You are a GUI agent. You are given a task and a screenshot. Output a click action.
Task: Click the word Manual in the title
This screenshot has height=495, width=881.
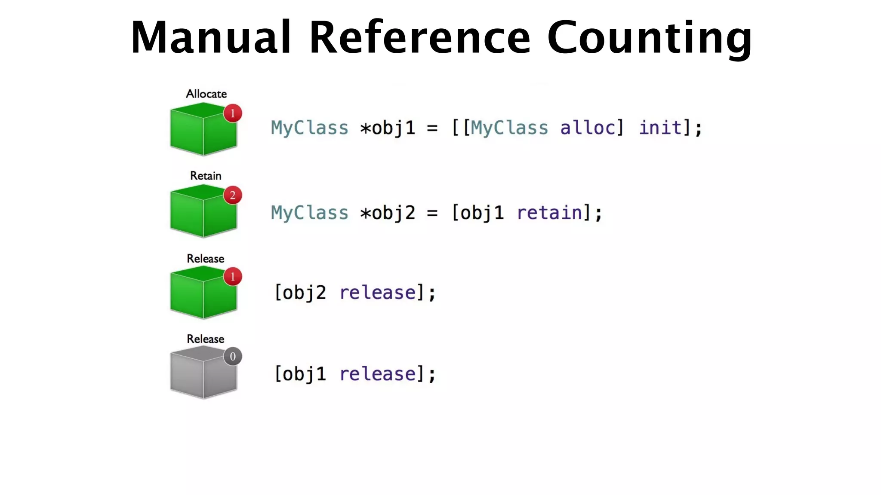(211, 38)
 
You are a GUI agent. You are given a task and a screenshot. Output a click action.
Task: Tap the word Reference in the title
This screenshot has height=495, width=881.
(420, 38)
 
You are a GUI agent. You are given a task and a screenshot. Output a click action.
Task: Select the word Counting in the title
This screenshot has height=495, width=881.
(650, 38)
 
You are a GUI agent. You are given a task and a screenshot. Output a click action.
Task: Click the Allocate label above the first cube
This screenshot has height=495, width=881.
(206, 94)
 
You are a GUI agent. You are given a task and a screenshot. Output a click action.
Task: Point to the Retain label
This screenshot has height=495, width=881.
(206, 176)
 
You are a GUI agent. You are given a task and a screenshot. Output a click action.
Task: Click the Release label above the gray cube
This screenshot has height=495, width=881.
(205, 339)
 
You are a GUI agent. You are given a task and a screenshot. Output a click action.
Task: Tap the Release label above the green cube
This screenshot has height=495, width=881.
(205, 259)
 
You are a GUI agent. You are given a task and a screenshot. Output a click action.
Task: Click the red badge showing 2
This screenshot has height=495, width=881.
(233, 196)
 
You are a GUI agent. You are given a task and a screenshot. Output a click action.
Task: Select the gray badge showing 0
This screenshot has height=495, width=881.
(233, 357)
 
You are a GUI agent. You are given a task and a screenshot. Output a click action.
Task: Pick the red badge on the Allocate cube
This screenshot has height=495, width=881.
(233, 113)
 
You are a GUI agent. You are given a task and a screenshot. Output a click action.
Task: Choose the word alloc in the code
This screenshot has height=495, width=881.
(588, 128)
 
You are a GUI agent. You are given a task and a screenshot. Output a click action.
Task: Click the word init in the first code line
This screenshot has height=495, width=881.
(660, 128)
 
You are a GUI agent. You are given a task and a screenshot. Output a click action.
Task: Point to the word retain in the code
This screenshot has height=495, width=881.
(549, 213)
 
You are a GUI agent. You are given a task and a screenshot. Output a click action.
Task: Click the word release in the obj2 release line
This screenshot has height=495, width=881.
(378, 293)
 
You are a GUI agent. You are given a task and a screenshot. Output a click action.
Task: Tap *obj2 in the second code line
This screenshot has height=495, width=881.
(388, 213)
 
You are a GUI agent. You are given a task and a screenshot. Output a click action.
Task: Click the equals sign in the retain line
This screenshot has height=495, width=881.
(432, 213)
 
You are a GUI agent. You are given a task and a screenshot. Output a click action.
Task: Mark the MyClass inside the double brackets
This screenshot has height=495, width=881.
(509, 128)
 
